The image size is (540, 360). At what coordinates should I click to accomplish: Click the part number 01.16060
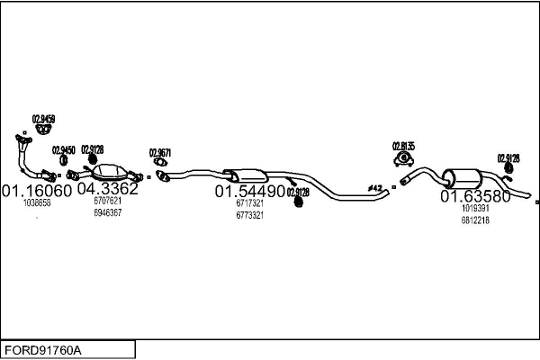click(x=36, y=191)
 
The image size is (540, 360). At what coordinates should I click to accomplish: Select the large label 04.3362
click(x=107, y=189)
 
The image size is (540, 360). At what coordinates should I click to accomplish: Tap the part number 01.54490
click(x=249, y=192)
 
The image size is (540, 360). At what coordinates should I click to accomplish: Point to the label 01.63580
click(x=475, y=196)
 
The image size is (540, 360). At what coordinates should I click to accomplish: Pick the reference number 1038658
click(x=37, y=203)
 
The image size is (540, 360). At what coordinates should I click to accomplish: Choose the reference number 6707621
click(x=107, y=202)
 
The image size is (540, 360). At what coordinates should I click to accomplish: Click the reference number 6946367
click(x=107, y=213)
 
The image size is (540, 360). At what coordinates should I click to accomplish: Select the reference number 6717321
click(x=249, y=204)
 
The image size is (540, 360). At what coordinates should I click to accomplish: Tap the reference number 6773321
click(x=249, y=215)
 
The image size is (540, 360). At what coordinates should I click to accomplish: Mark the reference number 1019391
click(x=475, y=209)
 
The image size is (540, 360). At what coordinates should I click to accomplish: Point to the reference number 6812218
click(x=475, y=220)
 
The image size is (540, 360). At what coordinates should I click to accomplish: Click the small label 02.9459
click(x=43, y=119)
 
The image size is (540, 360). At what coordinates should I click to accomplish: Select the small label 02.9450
click(x=63, y=150)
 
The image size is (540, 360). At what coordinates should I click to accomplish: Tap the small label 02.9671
click(x=160, y=152)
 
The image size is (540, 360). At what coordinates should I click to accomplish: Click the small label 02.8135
click(x=403, y=146)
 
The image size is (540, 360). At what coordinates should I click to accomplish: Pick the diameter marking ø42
click(x=375, y=187)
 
